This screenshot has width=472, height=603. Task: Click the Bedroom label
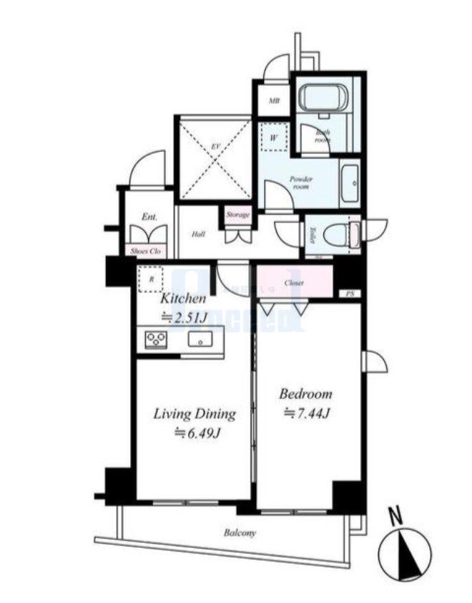point(305,394)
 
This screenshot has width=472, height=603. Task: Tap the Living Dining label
point(195,414)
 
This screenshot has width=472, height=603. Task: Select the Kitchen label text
point(183,299)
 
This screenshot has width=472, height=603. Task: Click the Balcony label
point(240,534)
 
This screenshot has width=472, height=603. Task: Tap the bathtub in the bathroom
point(322,96)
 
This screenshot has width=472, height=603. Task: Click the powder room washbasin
point(350,184)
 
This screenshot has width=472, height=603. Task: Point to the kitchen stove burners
point(156,339)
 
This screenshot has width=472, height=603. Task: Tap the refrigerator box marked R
point(152,279)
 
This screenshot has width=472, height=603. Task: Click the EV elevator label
point(214,147)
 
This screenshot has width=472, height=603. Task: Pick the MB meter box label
point(273,101)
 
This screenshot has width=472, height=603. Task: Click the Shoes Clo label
point(146,251)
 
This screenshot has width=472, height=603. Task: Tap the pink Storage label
point(237,215)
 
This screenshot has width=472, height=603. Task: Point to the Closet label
point(294,283)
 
